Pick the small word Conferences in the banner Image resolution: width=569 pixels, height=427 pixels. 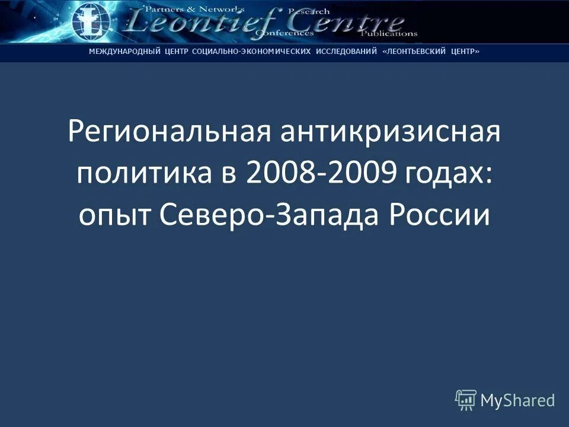[x=284, y=34]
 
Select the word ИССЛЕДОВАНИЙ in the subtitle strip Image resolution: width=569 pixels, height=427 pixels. [x=347, y=52]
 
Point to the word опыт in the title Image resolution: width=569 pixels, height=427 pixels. [x=113, y=216]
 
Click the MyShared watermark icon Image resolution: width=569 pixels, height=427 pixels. [x=466, y=400]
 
